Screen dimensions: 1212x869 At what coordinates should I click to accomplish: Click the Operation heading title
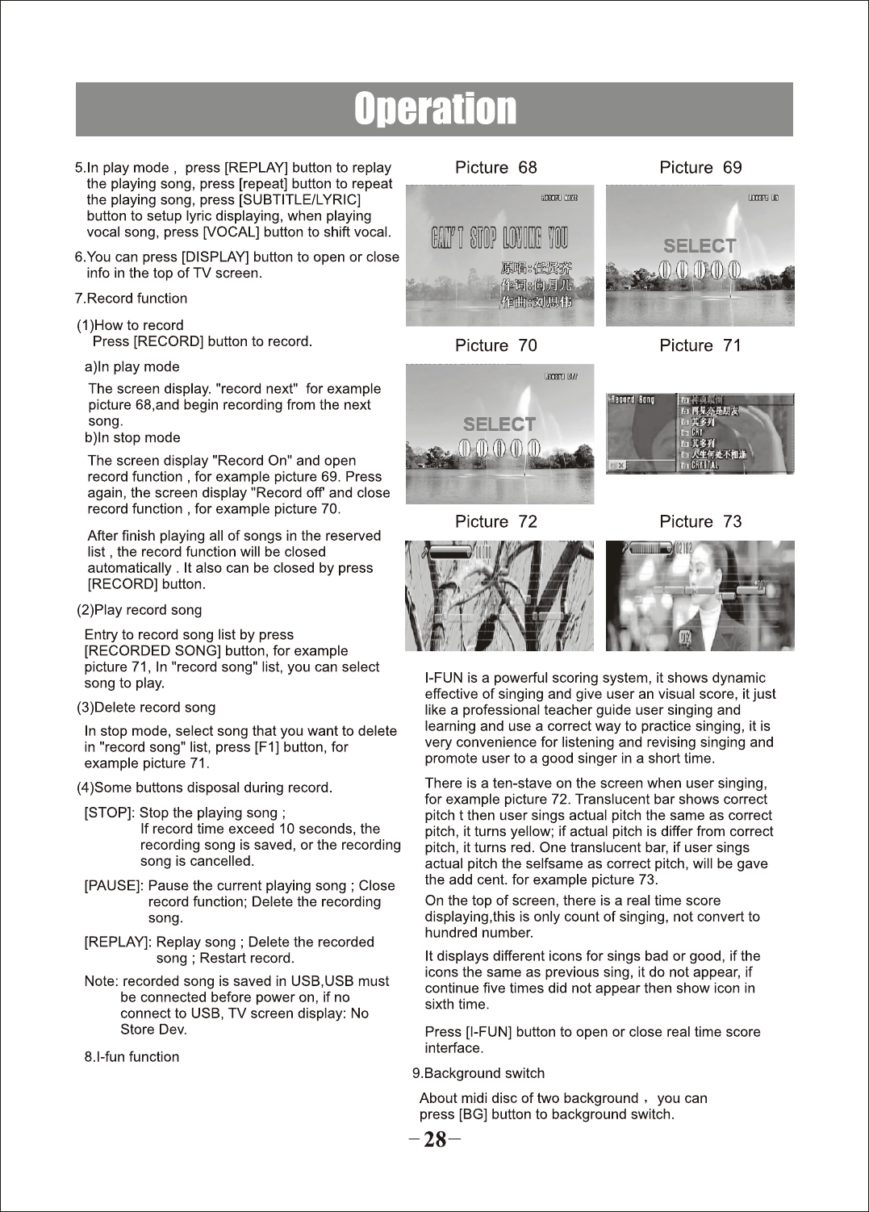(x=435, y=109)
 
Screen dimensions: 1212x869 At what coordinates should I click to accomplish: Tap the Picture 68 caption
(x=495, y=168)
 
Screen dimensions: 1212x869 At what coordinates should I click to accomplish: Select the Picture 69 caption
(x=700, y=168)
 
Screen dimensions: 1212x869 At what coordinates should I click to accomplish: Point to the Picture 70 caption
(x=495, y=346)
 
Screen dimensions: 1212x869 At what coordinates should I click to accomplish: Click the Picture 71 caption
(x=700, y=346)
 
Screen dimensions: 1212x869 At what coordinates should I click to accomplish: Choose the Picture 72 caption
(x=495, y=522)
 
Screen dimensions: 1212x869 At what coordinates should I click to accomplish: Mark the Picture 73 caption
(x=700, y=522)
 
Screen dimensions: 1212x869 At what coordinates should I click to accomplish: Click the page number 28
(x=435, y=1139)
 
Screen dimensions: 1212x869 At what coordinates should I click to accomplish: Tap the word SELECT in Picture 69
(x=700, y=246)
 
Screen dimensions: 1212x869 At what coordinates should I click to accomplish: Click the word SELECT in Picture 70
(x=499, y=424)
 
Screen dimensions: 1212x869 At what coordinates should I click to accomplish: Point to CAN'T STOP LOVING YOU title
(x=499, y=238)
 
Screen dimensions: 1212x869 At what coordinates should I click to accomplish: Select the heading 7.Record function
(x=131, y=299)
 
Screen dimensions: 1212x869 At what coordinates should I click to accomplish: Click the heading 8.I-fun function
(x=132, y=1057)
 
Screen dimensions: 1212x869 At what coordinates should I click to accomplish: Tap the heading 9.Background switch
(x=478, y=1074)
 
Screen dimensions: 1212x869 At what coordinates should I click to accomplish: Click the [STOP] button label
(x=109, y=813)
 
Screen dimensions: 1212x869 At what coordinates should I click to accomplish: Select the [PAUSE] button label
(x=114, y=886)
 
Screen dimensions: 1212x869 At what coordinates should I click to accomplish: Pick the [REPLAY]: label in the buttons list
(x=118, y=942)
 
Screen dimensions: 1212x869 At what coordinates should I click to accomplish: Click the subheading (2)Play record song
(x=139, y=610)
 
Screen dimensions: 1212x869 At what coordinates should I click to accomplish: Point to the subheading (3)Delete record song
(x=146, y=708)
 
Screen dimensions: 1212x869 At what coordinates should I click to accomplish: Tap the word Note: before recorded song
(x=102, y=982)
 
